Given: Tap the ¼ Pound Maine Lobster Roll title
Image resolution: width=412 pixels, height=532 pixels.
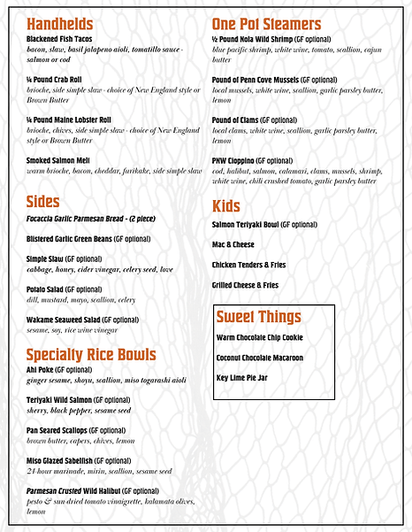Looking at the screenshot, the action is point(69,120).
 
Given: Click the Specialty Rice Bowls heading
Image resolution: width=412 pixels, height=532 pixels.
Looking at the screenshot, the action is point(92,356).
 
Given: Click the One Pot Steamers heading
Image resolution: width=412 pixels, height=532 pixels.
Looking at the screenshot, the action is point(266,24).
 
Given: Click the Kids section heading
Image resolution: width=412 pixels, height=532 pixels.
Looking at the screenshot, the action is point(226,206).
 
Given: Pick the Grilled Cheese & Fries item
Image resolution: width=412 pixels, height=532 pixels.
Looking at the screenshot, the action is point(245,285).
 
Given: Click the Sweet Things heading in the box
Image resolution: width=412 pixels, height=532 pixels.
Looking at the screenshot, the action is point(258,317).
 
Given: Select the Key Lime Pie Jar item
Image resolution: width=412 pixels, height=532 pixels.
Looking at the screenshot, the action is point(241,378).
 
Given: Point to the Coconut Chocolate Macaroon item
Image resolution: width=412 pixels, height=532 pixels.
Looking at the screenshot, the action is point(259,358).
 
